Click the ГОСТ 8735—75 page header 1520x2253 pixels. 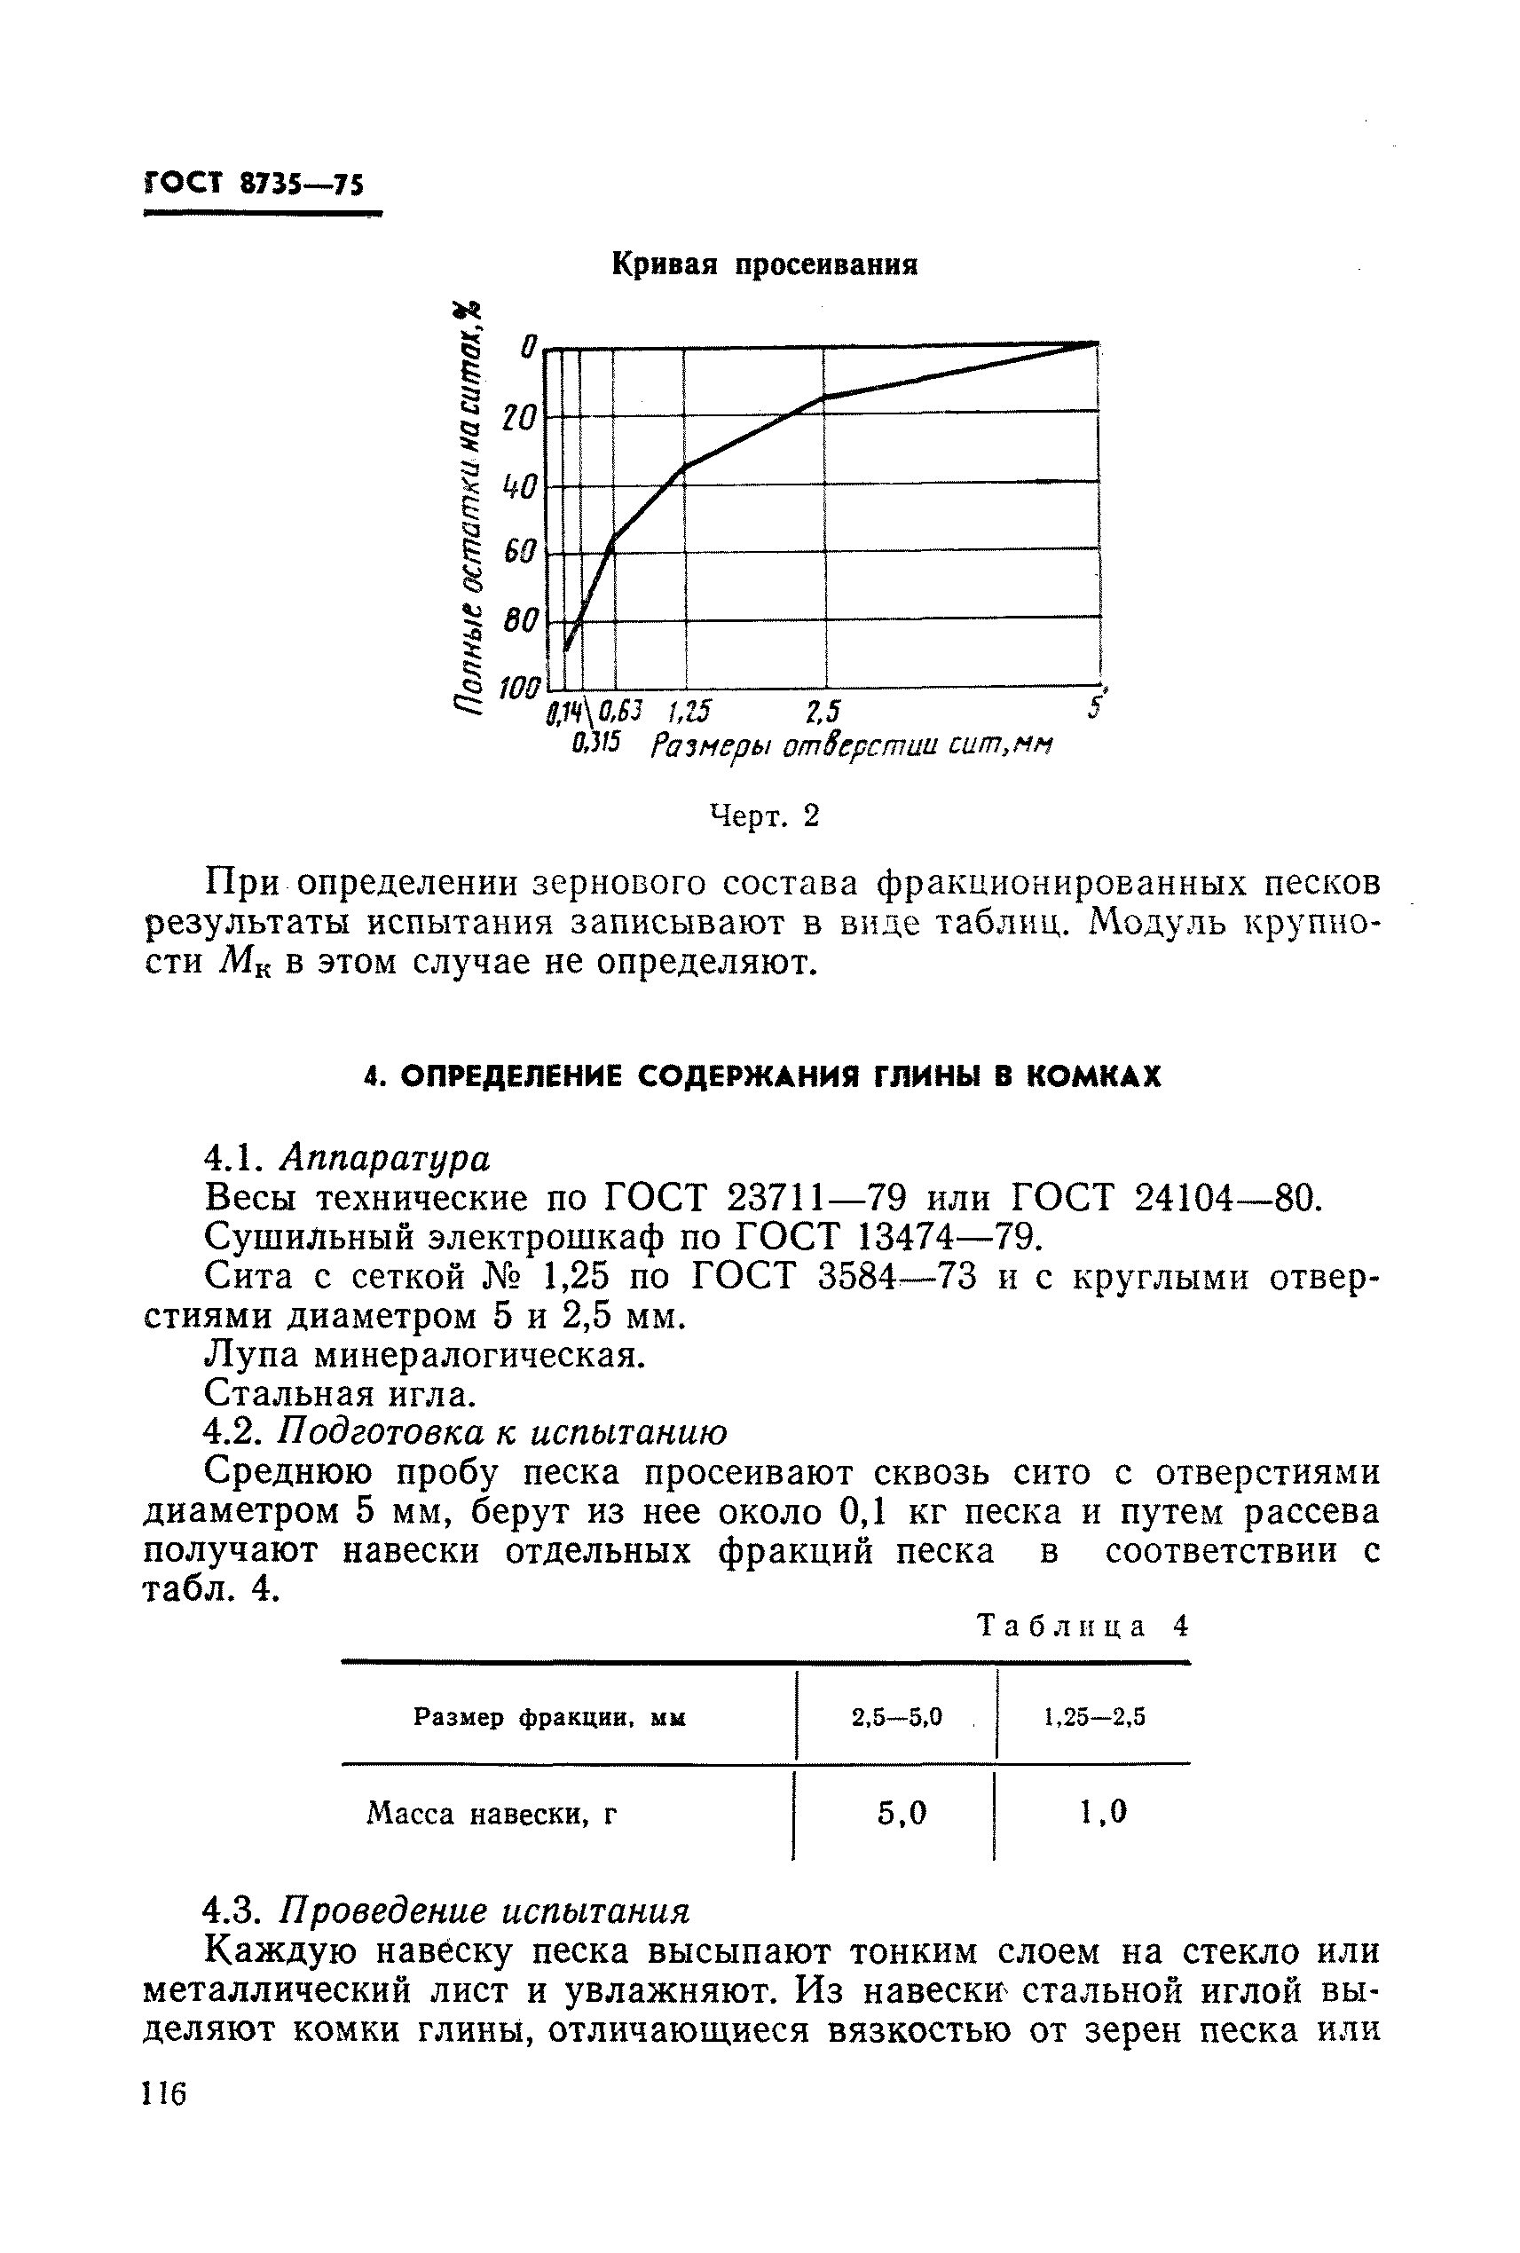(x=254, y=183)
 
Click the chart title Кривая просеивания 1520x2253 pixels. (x=764, y=264)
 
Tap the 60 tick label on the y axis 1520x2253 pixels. (x=520, y=553)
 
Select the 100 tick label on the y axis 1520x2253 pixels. (x=518, y=690)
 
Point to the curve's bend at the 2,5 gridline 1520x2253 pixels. (x=824, y=397)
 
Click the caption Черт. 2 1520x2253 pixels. (x=764, y=816)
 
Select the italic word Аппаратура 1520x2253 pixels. (x=385, y=1157)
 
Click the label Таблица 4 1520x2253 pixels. (x=1082, y=1625)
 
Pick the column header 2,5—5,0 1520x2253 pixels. (x=897, y=1717)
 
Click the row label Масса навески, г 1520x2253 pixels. (x=492, y=1813)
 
